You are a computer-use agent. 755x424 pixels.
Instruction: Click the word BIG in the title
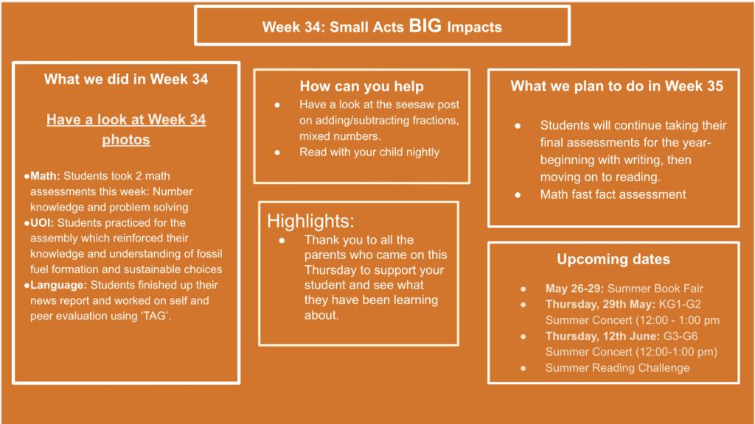[x=425, y=26]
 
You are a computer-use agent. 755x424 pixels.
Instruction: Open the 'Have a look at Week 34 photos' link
[x=126, y=130]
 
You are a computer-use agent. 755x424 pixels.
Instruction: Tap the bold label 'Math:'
[x=45, y=176]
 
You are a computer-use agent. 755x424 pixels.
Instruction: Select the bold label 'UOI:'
[x=42, y=222]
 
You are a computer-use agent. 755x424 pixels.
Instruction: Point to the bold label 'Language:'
[x=59, y=285]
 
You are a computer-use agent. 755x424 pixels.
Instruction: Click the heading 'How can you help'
[x=361, y=86]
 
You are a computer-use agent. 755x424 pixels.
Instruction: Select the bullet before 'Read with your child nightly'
[x=277, y=152]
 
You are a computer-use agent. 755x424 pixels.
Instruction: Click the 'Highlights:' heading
[x=310, y=221]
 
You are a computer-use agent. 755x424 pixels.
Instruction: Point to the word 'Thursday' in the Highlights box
[x=327, y=269]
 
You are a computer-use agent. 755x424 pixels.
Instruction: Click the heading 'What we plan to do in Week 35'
[x=617, y=86]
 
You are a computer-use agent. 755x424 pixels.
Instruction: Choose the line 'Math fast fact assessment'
[x=613, y=194]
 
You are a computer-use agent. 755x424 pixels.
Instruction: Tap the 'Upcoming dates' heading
[x=613, y=259]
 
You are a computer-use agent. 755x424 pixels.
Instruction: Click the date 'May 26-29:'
[x=574, y=289]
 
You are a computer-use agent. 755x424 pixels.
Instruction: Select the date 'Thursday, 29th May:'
[x=600, y=304]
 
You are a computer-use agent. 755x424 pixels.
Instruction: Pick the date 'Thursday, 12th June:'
[x=603, y=336]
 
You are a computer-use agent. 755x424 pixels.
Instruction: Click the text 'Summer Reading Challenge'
[x=617, y=368]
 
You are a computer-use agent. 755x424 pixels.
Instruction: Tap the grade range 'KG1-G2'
[x=680, y=304]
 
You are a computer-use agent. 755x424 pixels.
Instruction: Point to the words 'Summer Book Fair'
[x=655, y=289]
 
